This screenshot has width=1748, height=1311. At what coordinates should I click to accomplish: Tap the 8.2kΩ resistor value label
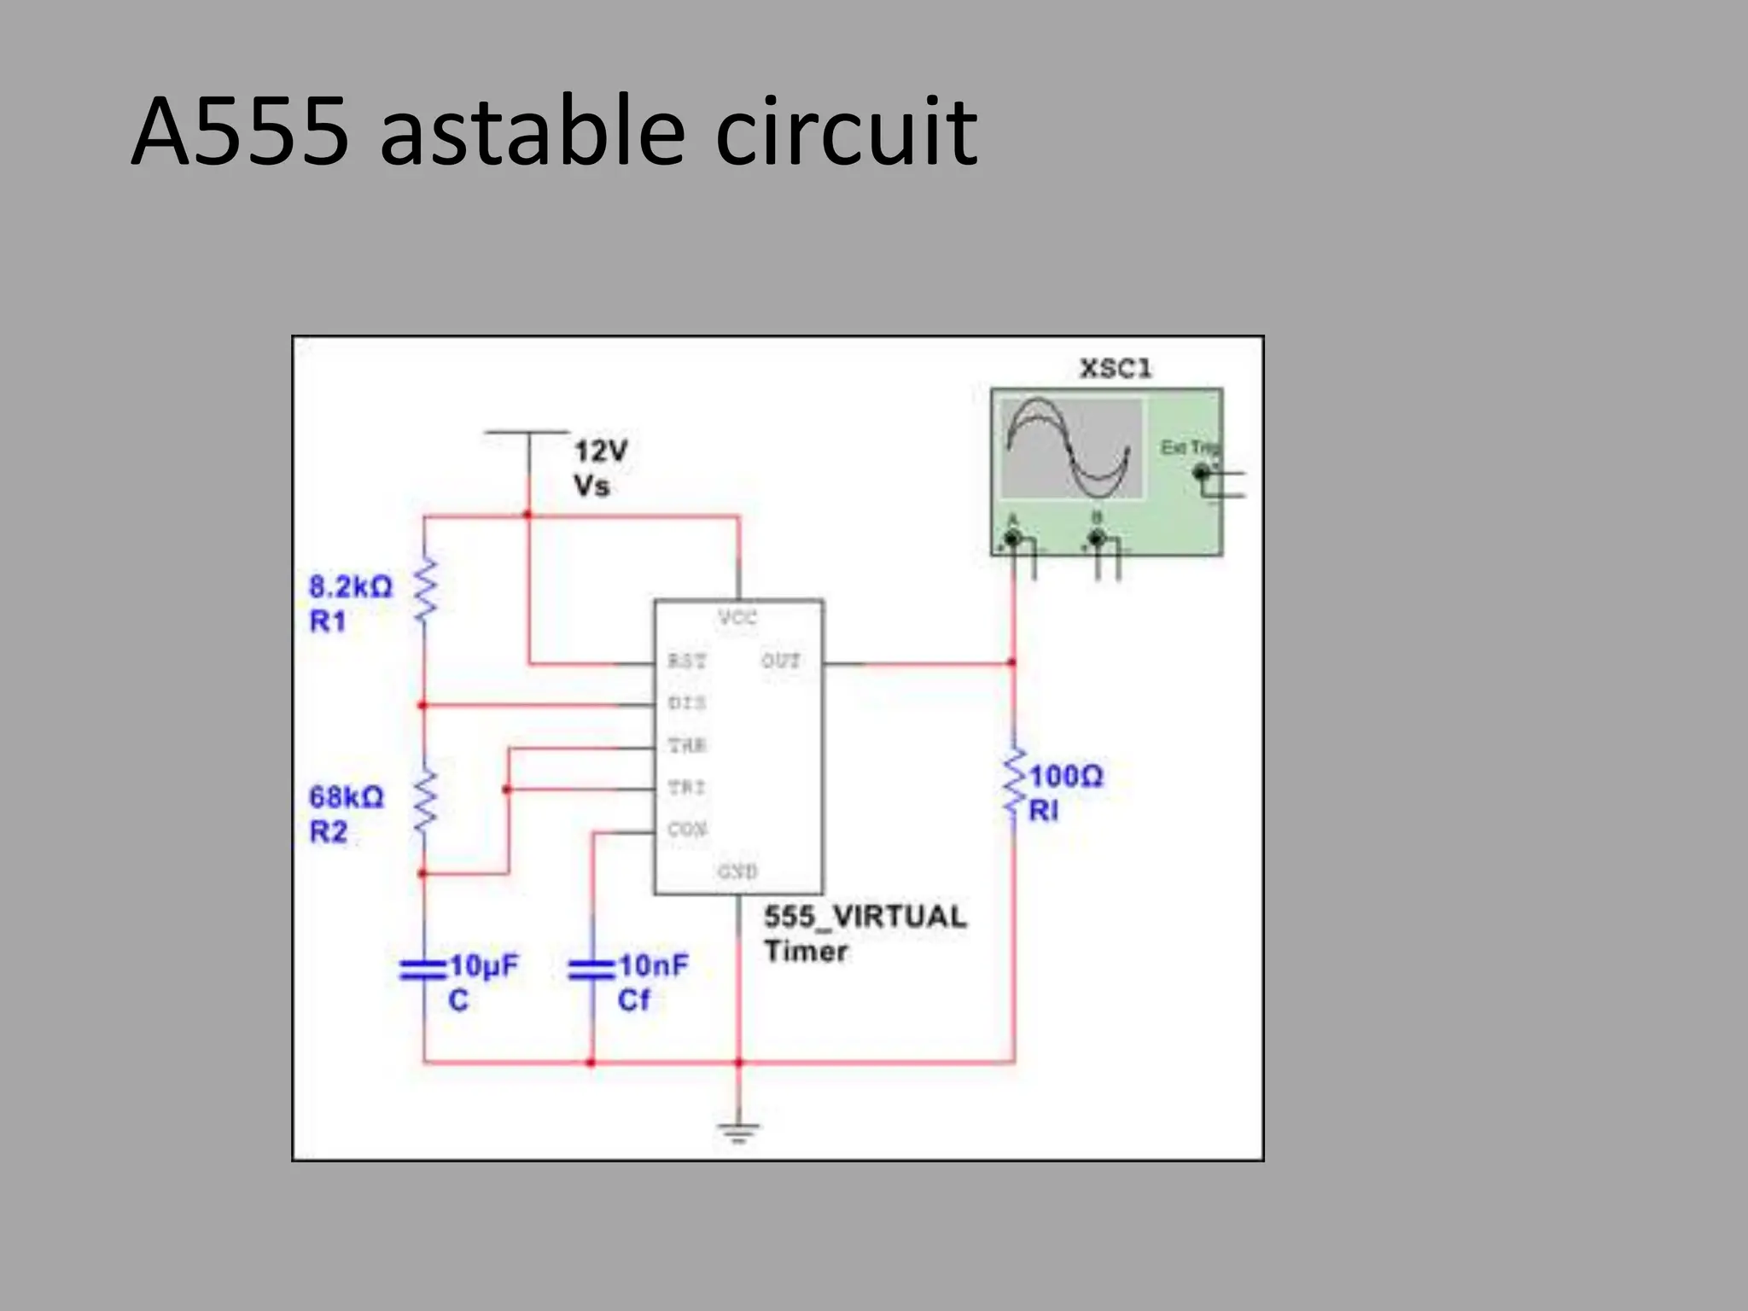click(350, 587)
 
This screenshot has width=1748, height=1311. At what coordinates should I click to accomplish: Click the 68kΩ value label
click(346, 797)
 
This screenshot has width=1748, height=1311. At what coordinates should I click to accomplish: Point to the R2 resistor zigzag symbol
click(425, 801)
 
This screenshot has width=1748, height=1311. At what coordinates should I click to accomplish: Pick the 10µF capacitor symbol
click(423, 970)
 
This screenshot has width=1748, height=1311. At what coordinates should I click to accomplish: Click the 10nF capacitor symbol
click(591, 970)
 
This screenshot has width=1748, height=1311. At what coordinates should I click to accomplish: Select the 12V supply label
click(600, 451)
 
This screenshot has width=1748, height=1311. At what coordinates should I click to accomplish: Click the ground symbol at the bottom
click(738, 1132)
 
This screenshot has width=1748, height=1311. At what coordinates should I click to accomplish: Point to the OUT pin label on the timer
click(780, 661)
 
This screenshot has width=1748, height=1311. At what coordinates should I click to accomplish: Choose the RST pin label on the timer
click(686, 661)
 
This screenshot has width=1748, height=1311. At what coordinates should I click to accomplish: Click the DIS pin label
click(686, 703)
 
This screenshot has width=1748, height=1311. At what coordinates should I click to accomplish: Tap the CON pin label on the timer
click(687, 829)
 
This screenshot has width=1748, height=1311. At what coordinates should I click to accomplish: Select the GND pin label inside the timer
click(737, 871)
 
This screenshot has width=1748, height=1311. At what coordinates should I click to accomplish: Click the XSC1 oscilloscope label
click(1116, 369)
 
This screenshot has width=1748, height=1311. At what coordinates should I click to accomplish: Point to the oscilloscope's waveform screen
click(1070, 449)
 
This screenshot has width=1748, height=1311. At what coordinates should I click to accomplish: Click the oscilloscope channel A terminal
click(1013, 539)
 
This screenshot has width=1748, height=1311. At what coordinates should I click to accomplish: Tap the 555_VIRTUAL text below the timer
click(865, 917)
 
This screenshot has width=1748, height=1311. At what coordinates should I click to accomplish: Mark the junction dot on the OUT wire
click(1012, 662)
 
